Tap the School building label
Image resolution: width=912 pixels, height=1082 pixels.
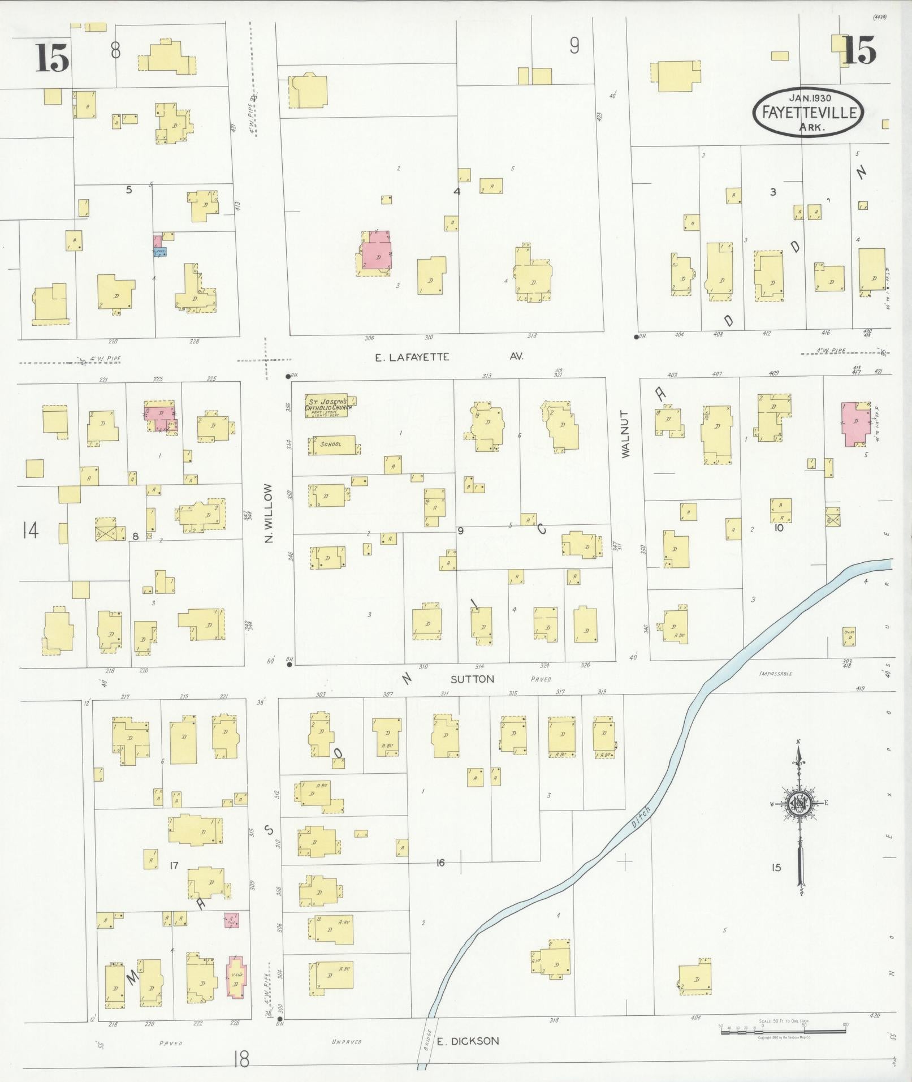click(x=331, y=444)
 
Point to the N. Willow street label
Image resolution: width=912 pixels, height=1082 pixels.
click(x=269, y=514)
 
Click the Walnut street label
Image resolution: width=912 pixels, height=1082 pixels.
click(x=625, y=434)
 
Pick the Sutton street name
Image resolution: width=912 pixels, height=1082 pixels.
click(x=473, y=679)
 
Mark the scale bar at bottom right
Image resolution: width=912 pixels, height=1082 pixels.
click(x=783, y=1030)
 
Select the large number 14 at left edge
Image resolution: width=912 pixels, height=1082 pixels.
click(x=31, y=531)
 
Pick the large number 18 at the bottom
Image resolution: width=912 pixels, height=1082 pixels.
click(x=241, y=1059)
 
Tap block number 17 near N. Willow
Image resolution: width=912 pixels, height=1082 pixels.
click(x=174, y=865)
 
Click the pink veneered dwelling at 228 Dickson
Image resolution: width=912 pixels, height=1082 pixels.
click(x=236, y=977)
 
